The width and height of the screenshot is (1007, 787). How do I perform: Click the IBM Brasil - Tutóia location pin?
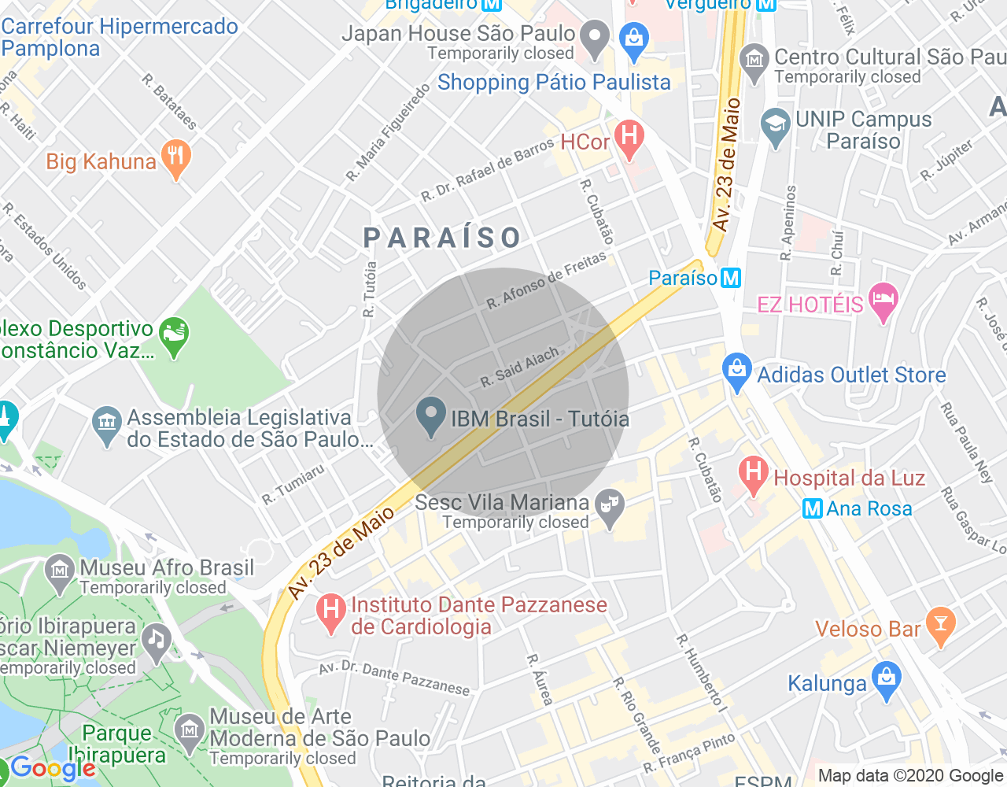coord(430,416)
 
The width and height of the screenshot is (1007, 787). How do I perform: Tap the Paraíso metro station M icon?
coord(731,278)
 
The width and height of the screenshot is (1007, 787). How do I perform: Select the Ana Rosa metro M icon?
coord(813,509)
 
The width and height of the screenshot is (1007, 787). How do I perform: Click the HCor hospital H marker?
coord(629,136)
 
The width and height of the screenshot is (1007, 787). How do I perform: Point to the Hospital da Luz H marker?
coord(753,474)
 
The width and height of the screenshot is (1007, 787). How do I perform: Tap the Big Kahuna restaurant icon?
coord(175,157)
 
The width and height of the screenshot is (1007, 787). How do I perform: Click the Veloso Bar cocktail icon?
coord(940,625)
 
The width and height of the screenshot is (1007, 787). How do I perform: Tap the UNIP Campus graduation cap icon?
coord(776,126)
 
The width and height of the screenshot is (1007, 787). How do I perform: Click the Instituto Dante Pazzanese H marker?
coord(331,611)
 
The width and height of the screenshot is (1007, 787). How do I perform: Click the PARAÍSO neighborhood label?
coord(442,237)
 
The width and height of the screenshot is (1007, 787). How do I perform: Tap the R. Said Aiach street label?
coord(519,367)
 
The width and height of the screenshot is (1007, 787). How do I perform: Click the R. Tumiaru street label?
coord(293,485)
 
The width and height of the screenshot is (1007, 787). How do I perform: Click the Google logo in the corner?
coord(53,768)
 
